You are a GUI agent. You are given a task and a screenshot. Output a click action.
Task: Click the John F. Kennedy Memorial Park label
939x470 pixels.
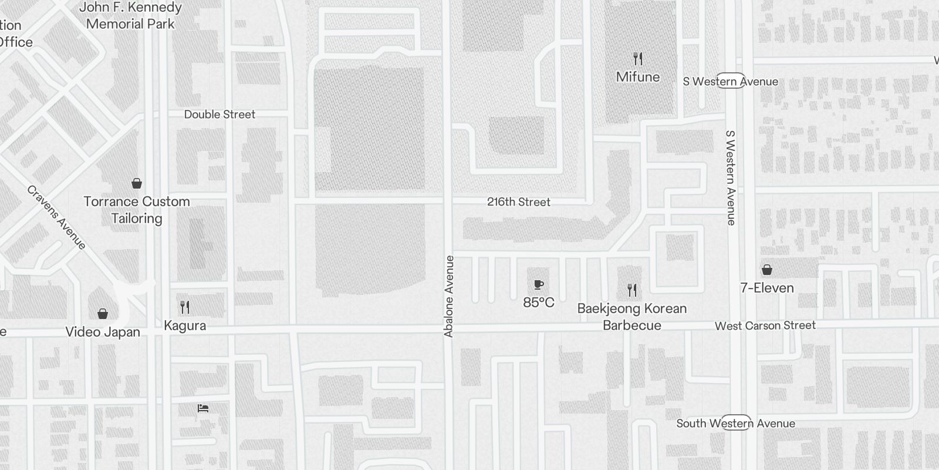pos(130,16)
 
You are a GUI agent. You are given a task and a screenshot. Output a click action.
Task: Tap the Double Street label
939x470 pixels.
pos(219,115)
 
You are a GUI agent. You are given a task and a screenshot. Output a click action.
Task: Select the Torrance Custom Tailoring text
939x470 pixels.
pos(137,210)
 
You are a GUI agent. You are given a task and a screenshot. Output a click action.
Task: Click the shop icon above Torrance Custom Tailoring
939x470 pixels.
pos(137,184)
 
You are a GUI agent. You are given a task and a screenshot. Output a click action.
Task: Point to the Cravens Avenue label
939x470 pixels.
pos(57,217)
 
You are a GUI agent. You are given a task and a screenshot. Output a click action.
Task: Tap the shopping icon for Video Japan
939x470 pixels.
pos(103,314)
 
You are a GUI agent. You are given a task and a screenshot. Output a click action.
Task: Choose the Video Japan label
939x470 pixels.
pos(103,332)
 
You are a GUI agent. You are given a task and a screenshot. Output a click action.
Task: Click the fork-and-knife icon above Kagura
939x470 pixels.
pos(185,307)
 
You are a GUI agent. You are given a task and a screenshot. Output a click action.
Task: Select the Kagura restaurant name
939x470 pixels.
pos(185,325)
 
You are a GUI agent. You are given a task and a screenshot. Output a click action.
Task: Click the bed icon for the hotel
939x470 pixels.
pos(203,408)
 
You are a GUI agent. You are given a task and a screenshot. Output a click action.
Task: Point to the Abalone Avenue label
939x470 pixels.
pos(450,297)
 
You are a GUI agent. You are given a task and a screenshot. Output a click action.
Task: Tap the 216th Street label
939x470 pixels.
pos(519,202)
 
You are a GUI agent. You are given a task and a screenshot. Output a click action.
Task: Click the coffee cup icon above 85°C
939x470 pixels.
pos(539,285)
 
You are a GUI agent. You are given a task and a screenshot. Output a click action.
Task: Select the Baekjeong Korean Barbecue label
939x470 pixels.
pos(632,317)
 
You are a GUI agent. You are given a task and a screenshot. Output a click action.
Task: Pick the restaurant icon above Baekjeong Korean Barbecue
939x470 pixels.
pos(632,290)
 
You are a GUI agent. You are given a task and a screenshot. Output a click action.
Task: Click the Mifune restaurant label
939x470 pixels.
pos(638,77)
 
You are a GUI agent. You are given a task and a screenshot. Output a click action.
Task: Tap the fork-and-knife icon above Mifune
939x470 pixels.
pos(638,59)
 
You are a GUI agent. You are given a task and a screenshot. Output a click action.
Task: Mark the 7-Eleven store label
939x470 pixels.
pos(767,288)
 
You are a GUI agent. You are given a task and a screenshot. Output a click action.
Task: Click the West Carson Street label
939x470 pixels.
pos(765,325)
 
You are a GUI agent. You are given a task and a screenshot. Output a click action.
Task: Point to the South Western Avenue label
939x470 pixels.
pos(736,424)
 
